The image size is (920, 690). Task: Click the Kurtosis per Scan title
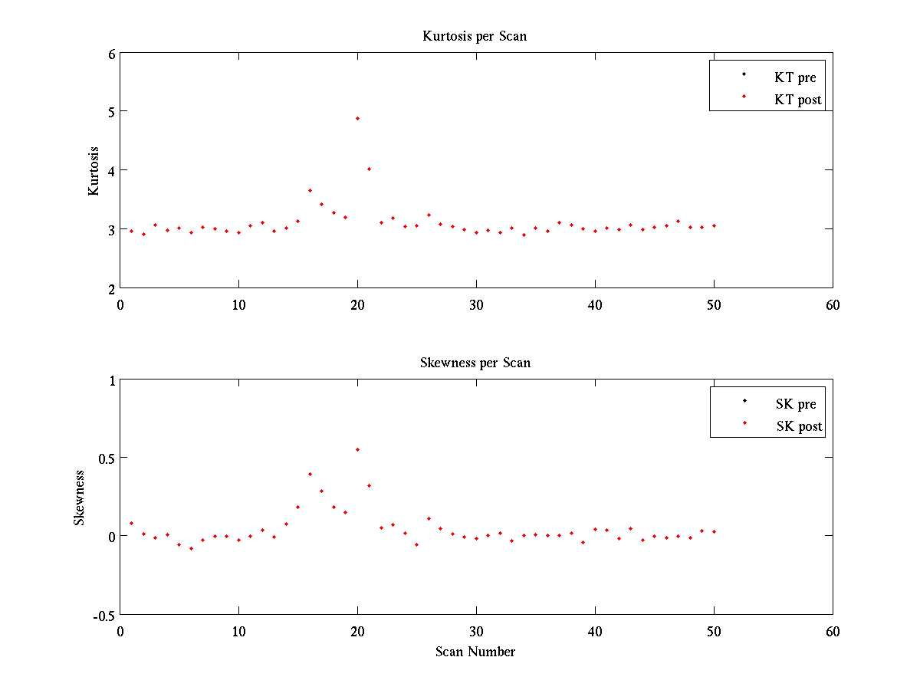click(x=475, y=36)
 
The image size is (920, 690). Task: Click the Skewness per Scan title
click(x=475, y=363)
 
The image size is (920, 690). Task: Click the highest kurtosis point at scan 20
click(x=357, y=118)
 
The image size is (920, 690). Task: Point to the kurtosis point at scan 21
click(x=369, y=169)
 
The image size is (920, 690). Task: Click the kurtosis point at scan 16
click(x=310, y=190)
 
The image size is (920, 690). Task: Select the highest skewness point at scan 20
click(x=357, y=449)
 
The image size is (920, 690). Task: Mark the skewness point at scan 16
click(x=310, y=474)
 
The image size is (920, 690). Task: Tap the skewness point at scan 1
click(x=131, y=523)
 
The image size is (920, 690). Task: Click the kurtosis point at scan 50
click(x=714, y=225)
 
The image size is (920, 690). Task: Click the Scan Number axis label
click(x=475, y=652)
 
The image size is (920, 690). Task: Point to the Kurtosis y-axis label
click(x=94, y=171)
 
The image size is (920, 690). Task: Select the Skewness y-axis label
click(x=79, y=498)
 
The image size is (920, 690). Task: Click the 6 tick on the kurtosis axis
click(x=111, y=54)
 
